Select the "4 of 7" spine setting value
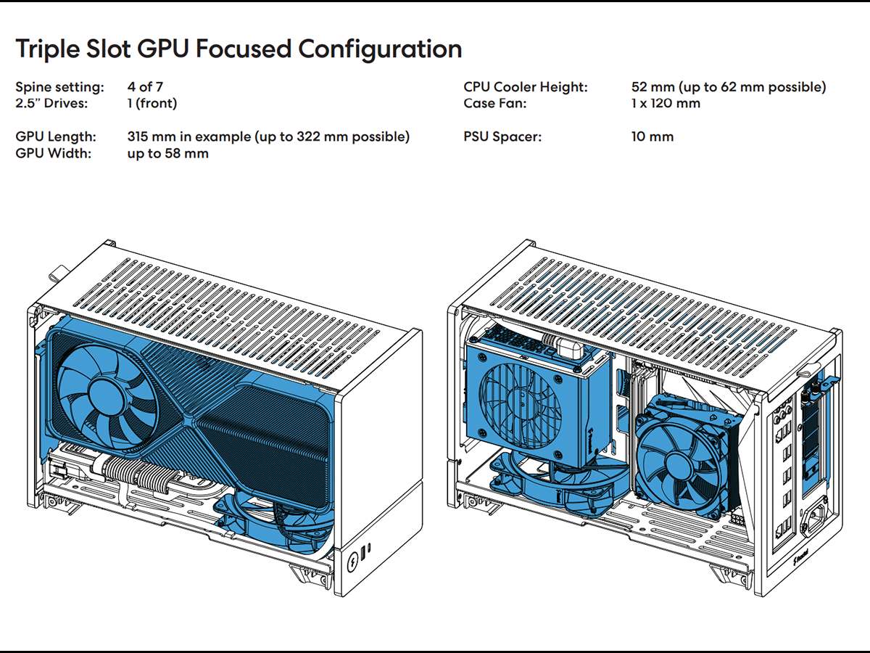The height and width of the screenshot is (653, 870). pyautogui.click(x=145, y=87)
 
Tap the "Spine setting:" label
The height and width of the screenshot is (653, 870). pyautogui.click(x=59, y=87)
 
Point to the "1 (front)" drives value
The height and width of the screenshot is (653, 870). pyautogui.click(x=152, y=103)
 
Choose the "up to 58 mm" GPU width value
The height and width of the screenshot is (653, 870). pyautogui.click(x=167, y=153)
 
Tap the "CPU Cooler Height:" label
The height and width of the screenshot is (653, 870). pyautogui.click(x=526, y=87)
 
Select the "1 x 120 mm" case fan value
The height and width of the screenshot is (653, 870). pyautogui.click(x=666, y=103)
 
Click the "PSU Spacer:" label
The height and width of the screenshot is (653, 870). pyautogui.click(x=502, y=136)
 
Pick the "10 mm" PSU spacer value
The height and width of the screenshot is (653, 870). pyautogui.click(x=652, y=136)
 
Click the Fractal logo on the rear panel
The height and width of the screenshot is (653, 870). pyautogui.click(x=800, y=562)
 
